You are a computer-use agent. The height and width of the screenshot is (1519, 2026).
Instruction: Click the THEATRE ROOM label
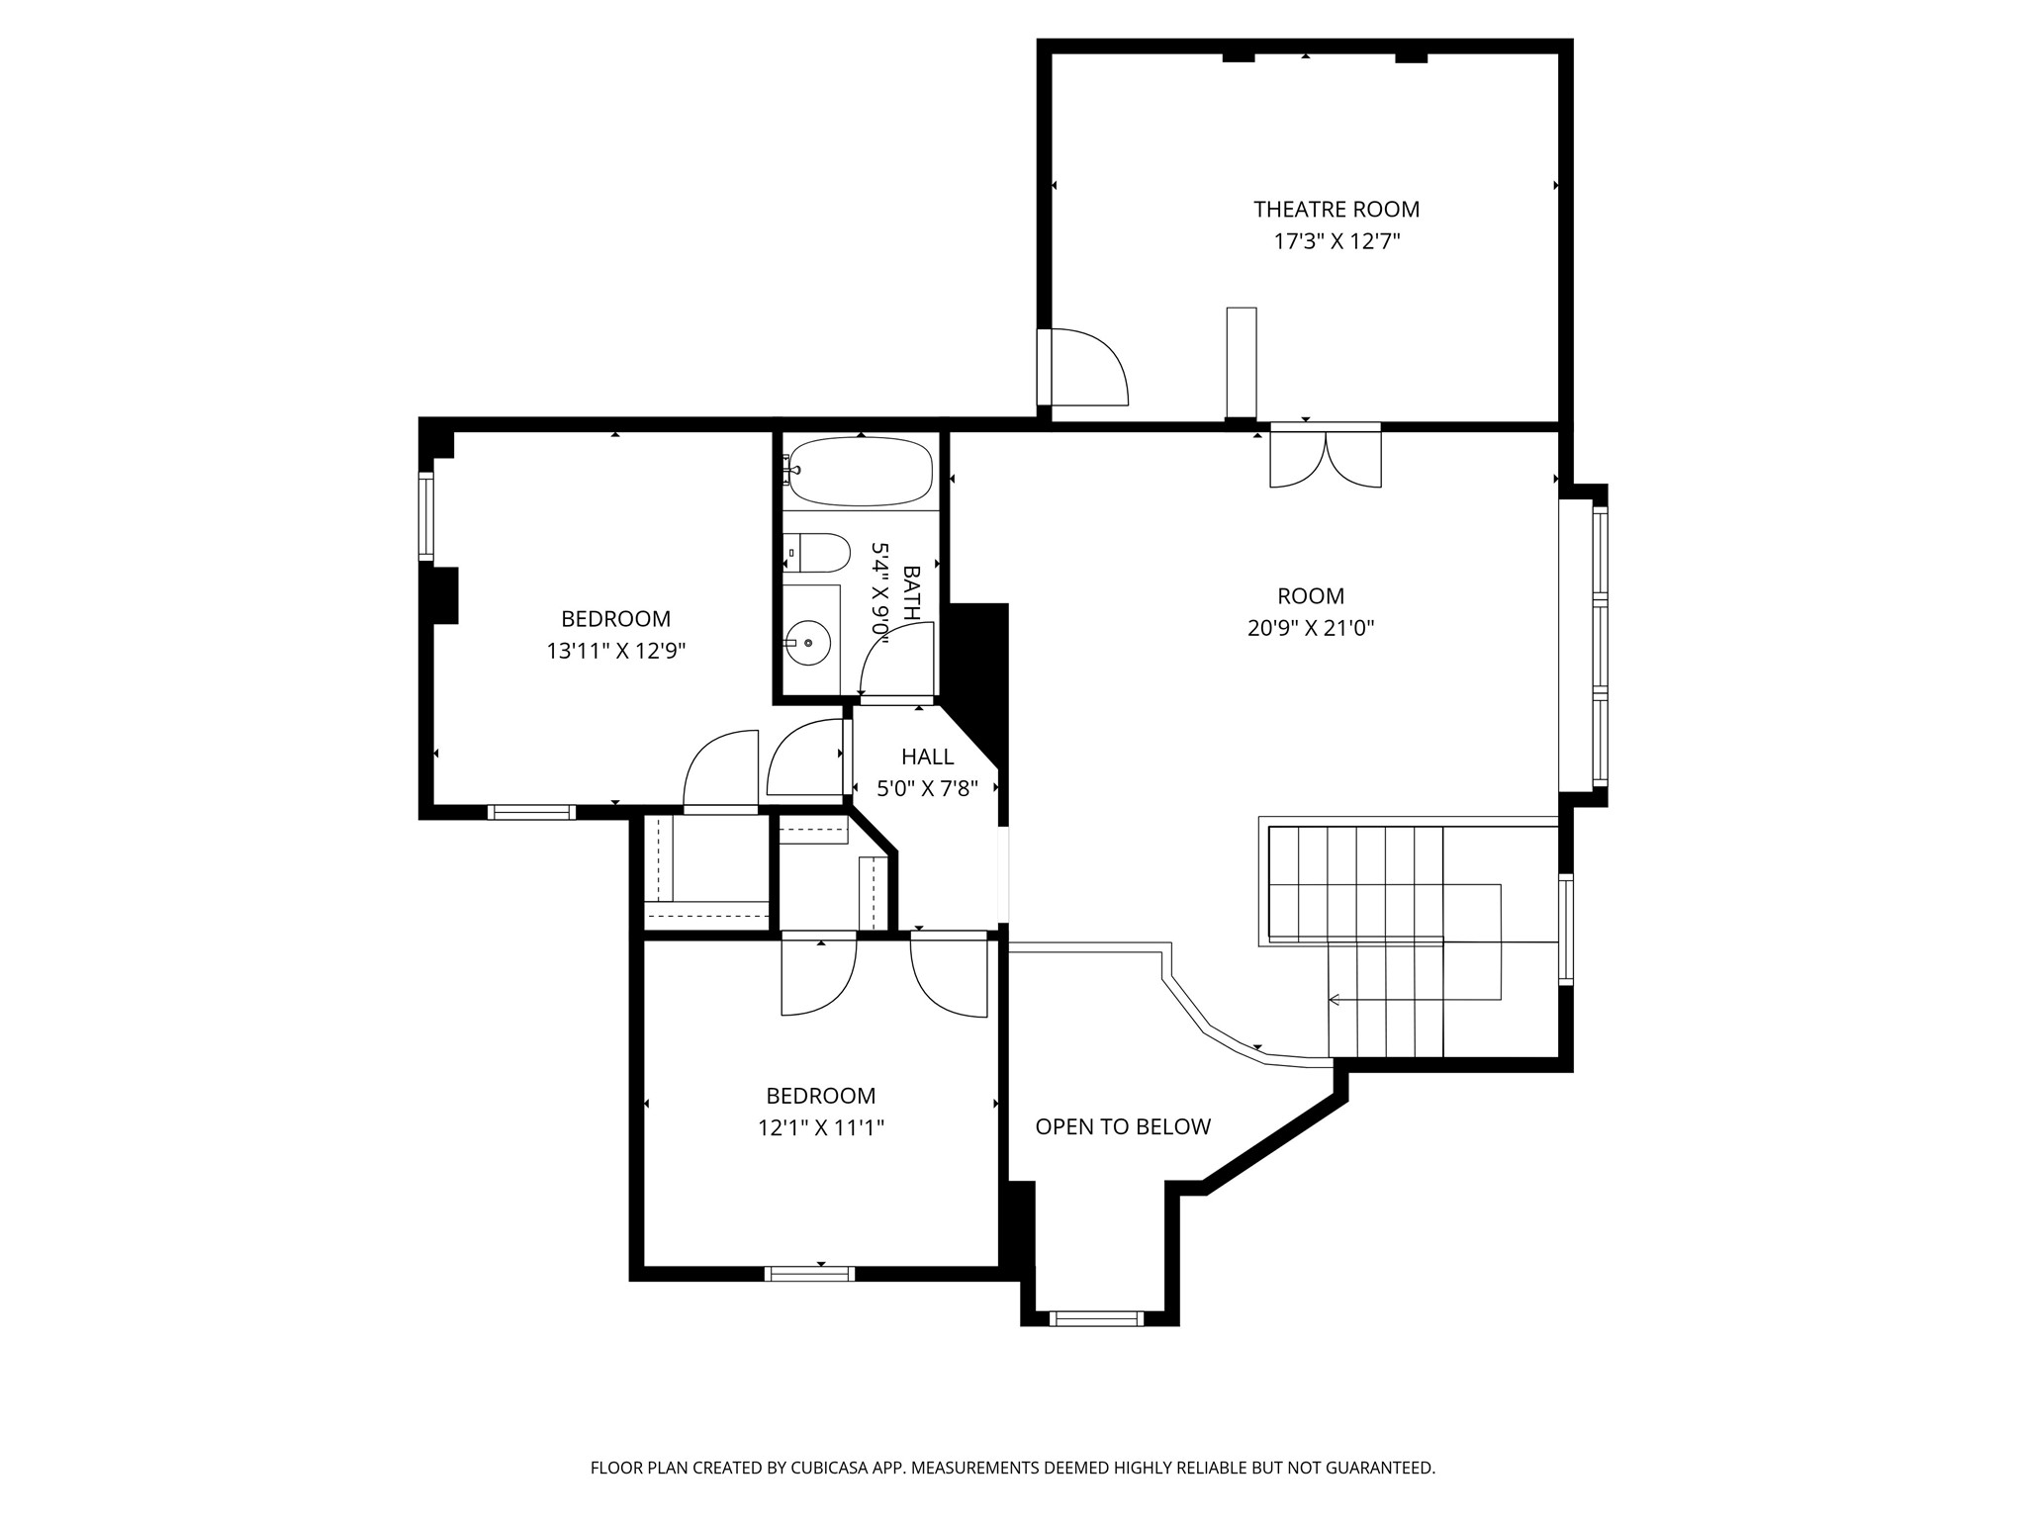[x=1335, y=210]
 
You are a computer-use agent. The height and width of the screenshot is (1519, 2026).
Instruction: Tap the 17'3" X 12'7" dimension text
[x=1335, y=241]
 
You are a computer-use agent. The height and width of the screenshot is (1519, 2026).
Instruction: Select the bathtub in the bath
[x=861, y=473]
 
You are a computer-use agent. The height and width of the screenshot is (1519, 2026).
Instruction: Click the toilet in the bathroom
[x=820, y=553]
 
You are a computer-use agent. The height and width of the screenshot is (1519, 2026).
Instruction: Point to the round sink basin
[x=810, y=643]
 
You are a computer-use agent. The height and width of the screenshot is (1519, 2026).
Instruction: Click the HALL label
[x=927, y=757]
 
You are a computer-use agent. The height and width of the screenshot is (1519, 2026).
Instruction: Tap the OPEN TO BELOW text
[x=1123, y=1126]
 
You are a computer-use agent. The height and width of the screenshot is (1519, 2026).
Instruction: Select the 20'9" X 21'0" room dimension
[x=1311, y=628]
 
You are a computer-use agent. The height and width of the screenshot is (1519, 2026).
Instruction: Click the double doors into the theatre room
[x=1325, y=457]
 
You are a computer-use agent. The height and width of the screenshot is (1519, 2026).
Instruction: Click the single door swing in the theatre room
[x=1086, y=368]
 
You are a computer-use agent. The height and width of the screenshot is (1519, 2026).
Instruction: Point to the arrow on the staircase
[x=1334, y=1000]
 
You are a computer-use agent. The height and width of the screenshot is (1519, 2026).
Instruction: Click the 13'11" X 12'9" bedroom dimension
[x=615, y=651]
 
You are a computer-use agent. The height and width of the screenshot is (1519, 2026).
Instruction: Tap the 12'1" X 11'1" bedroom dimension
[x=820, y=1127]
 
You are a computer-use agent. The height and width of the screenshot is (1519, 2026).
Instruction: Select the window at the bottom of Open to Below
[x=1095, y=1318]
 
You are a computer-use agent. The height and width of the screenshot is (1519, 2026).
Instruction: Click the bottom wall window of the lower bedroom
[x=810, y=1274]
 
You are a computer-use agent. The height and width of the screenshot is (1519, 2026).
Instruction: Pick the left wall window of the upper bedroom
[x=426, y=516]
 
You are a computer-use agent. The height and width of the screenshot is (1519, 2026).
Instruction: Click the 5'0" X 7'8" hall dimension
[x=927, y=788]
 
